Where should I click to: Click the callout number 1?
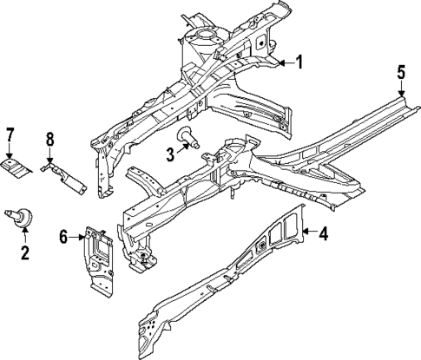[x=299, y=62]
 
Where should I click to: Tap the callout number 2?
[x=24, y=252]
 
